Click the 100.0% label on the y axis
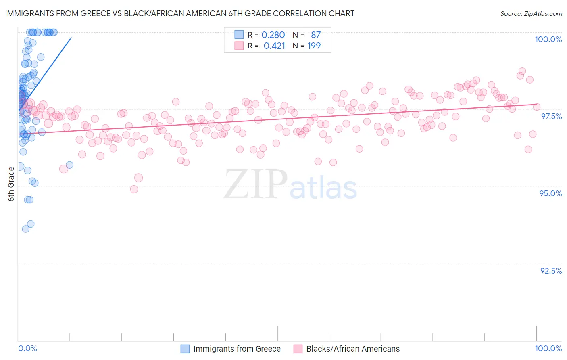(548, 39)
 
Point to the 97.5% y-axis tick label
(551, 116)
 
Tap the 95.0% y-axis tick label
(550, 193)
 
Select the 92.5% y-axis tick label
(551, 271)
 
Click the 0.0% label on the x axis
(27, 348)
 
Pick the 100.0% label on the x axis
(548, 348)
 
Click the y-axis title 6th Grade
(11, 184)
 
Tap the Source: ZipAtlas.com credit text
(531, 14)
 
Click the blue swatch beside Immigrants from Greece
(185, 349)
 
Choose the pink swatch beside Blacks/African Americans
(298, 349)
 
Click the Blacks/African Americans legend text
(353, 349)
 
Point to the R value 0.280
(273, 35)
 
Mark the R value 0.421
(274, 46)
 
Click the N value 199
(314, 46)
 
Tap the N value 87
(316, 35)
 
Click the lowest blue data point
(26, 229)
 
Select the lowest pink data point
(134, 189)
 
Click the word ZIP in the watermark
(256, 184)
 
